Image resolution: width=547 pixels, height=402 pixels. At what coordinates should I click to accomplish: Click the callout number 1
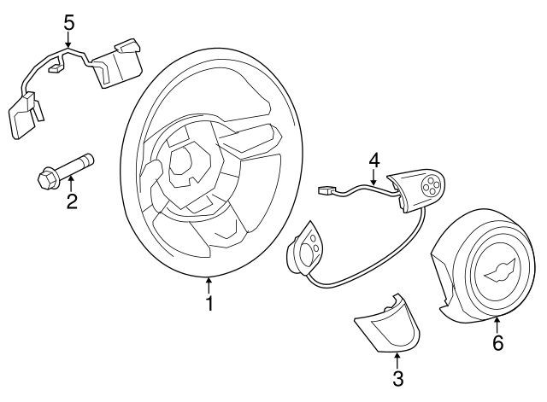[x=209, y=304]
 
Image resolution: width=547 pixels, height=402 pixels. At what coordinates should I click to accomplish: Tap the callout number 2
[x=72, y=201]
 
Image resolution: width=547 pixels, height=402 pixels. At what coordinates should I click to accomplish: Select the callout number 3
[x=397, y=377]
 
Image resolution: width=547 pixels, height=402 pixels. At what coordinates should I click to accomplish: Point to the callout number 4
[x=373, y=160]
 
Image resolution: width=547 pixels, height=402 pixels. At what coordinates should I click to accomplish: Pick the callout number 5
[x=69, y=21]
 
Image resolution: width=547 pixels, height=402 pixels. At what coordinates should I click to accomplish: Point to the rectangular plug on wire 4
[x=326, y=190]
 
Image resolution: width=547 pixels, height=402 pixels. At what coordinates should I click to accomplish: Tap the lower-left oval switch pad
[x=306, y=249]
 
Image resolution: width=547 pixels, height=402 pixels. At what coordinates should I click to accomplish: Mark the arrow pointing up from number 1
[x=209, y=283]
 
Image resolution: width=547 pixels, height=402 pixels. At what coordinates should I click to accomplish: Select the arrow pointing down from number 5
[x=69, y=41]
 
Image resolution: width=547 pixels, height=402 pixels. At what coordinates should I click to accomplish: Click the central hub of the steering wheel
[x=188, y=162]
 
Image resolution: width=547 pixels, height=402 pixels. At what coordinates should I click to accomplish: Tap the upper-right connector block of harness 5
[x=117, y=61]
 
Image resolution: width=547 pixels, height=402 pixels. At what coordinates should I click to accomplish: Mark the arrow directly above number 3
[x=397, y=357]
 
